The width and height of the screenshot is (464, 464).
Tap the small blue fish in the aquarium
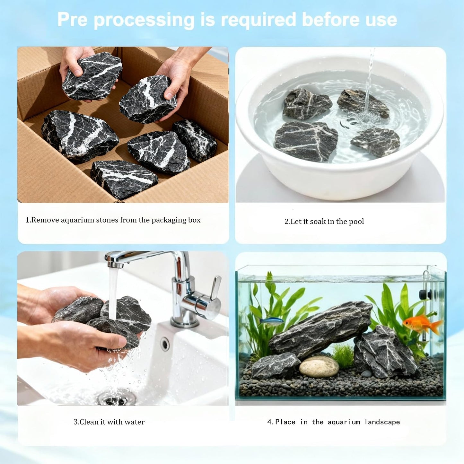coord(271,321)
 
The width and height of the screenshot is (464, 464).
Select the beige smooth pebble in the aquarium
coord(319,366)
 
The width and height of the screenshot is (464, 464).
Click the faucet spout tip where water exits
coord(115,265)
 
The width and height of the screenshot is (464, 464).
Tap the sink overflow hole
coord(165,344)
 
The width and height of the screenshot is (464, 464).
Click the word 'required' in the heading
coord(258,20)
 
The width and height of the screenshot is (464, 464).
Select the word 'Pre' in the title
coord(72,20)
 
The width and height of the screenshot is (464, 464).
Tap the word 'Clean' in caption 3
coord(89,422)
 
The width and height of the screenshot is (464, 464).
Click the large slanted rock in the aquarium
coord(321,329)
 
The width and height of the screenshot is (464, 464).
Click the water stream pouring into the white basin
coord(369,80)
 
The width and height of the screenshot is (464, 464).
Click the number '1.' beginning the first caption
coord(28,220)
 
